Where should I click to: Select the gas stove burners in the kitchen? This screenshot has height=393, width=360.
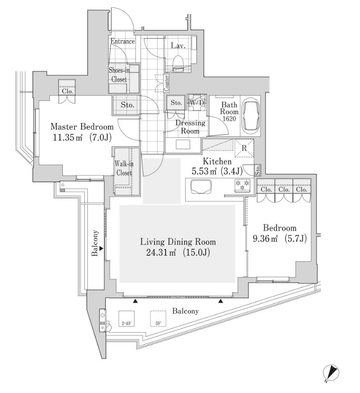point(242,186)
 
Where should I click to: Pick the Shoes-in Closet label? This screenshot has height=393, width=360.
point(119,75)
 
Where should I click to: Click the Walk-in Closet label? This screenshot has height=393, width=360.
point(123,168)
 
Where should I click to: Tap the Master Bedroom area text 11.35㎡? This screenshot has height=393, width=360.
point(63,137)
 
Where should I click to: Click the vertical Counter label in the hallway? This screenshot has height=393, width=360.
point(166,83)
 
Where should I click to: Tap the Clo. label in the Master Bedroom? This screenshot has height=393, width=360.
point(67,92)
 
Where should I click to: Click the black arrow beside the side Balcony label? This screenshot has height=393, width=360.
point(101,249)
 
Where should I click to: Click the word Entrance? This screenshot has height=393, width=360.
point(122,42)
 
